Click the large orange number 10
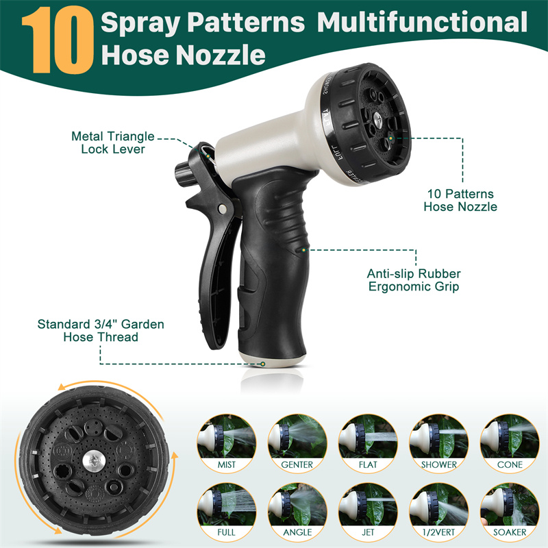58,40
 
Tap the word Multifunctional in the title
422,22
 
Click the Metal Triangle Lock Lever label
113,142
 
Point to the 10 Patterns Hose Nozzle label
460,200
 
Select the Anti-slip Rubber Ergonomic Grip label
414,280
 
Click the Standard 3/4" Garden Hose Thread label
101,331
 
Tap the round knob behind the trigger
184,174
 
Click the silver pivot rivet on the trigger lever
221,209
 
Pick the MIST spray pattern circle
227,444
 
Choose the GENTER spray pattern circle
297,444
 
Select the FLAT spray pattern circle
368,444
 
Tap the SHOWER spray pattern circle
439,444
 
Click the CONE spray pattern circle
510,444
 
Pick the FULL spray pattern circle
227,512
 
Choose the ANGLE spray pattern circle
297,512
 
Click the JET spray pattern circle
368,512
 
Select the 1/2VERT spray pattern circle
439,512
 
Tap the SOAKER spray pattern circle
510,512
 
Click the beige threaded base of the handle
273,360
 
